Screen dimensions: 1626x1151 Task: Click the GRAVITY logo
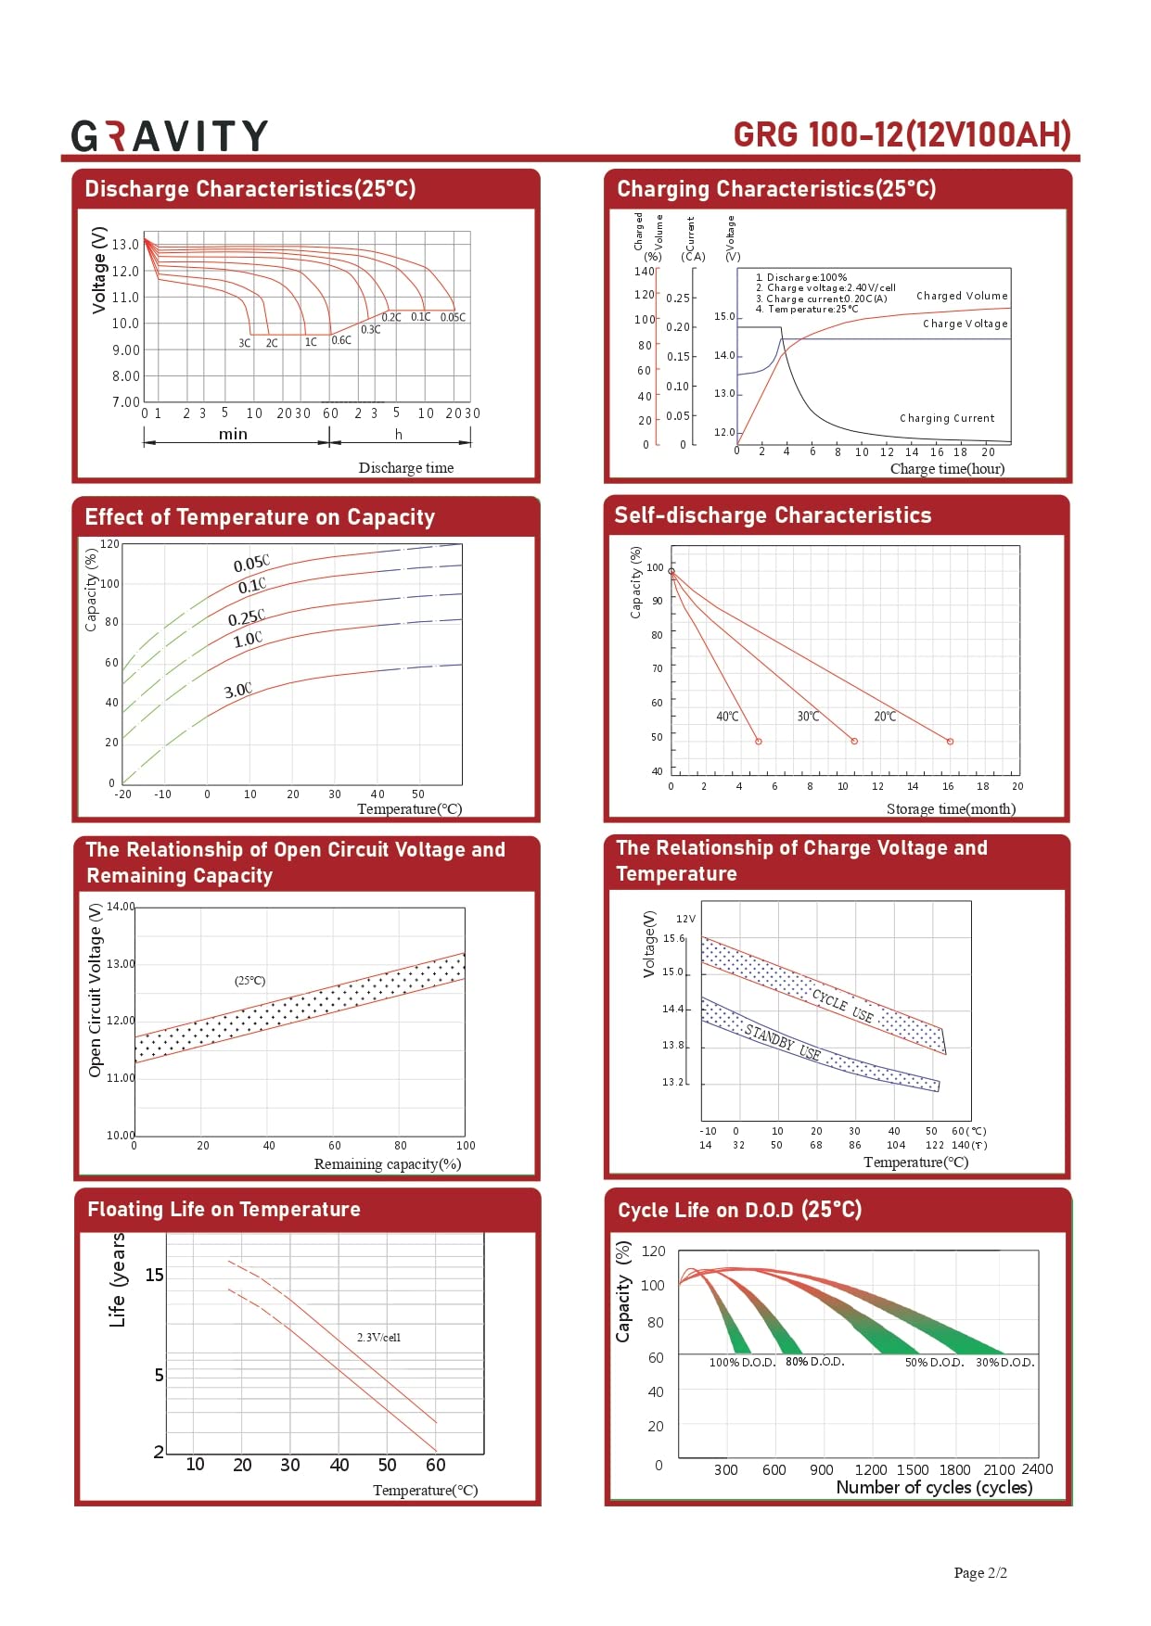[x=170, y=136]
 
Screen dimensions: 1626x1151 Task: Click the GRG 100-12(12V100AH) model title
[x=902, y=135]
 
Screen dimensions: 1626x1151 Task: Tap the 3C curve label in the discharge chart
[x=244, y=343]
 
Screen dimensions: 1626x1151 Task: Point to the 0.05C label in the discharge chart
[x=453, y=318]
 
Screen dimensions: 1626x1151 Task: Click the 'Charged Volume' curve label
[x=961, y=296]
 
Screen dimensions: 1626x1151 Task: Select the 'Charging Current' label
[x=946, y=418]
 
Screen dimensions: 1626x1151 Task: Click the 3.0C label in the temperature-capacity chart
[x=237, y=691]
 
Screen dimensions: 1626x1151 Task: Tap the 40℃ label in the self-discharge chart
[x=727, y=717]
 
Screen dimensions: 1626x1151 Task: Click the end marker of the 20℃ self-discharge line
[x=950, y=742]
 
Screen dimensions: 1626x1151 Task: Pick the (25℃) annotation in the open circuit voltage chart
[x=249, y=981]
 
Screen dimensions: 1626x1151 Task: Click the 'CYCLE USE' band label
[x=842, y=1006]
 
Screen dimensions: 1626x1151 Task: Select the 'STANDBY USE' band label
[x=782, y=1042]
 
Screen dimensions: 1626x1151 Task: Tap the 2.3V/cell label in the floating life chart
[x=378, y=1338]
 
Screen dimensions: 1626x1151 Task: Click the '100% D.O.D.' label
[x=742, y=1363]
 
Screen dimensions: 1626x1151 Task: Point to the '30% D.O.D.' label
[x=1004, y=1363]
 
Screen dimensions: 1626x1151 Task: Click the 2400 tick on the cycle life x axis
[x=1037, y=1469]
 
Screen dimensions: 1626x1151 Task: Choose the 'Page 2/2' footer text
[x=980, y=1573]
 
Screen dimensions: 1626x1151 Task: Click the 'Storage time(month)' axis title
[x=951, y=809]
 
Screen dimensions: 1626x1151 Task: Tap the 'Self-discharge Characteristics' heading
[x=773, y=515]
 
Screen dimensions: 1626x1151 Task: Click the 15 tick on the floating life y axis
[x=154, y=1276]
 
